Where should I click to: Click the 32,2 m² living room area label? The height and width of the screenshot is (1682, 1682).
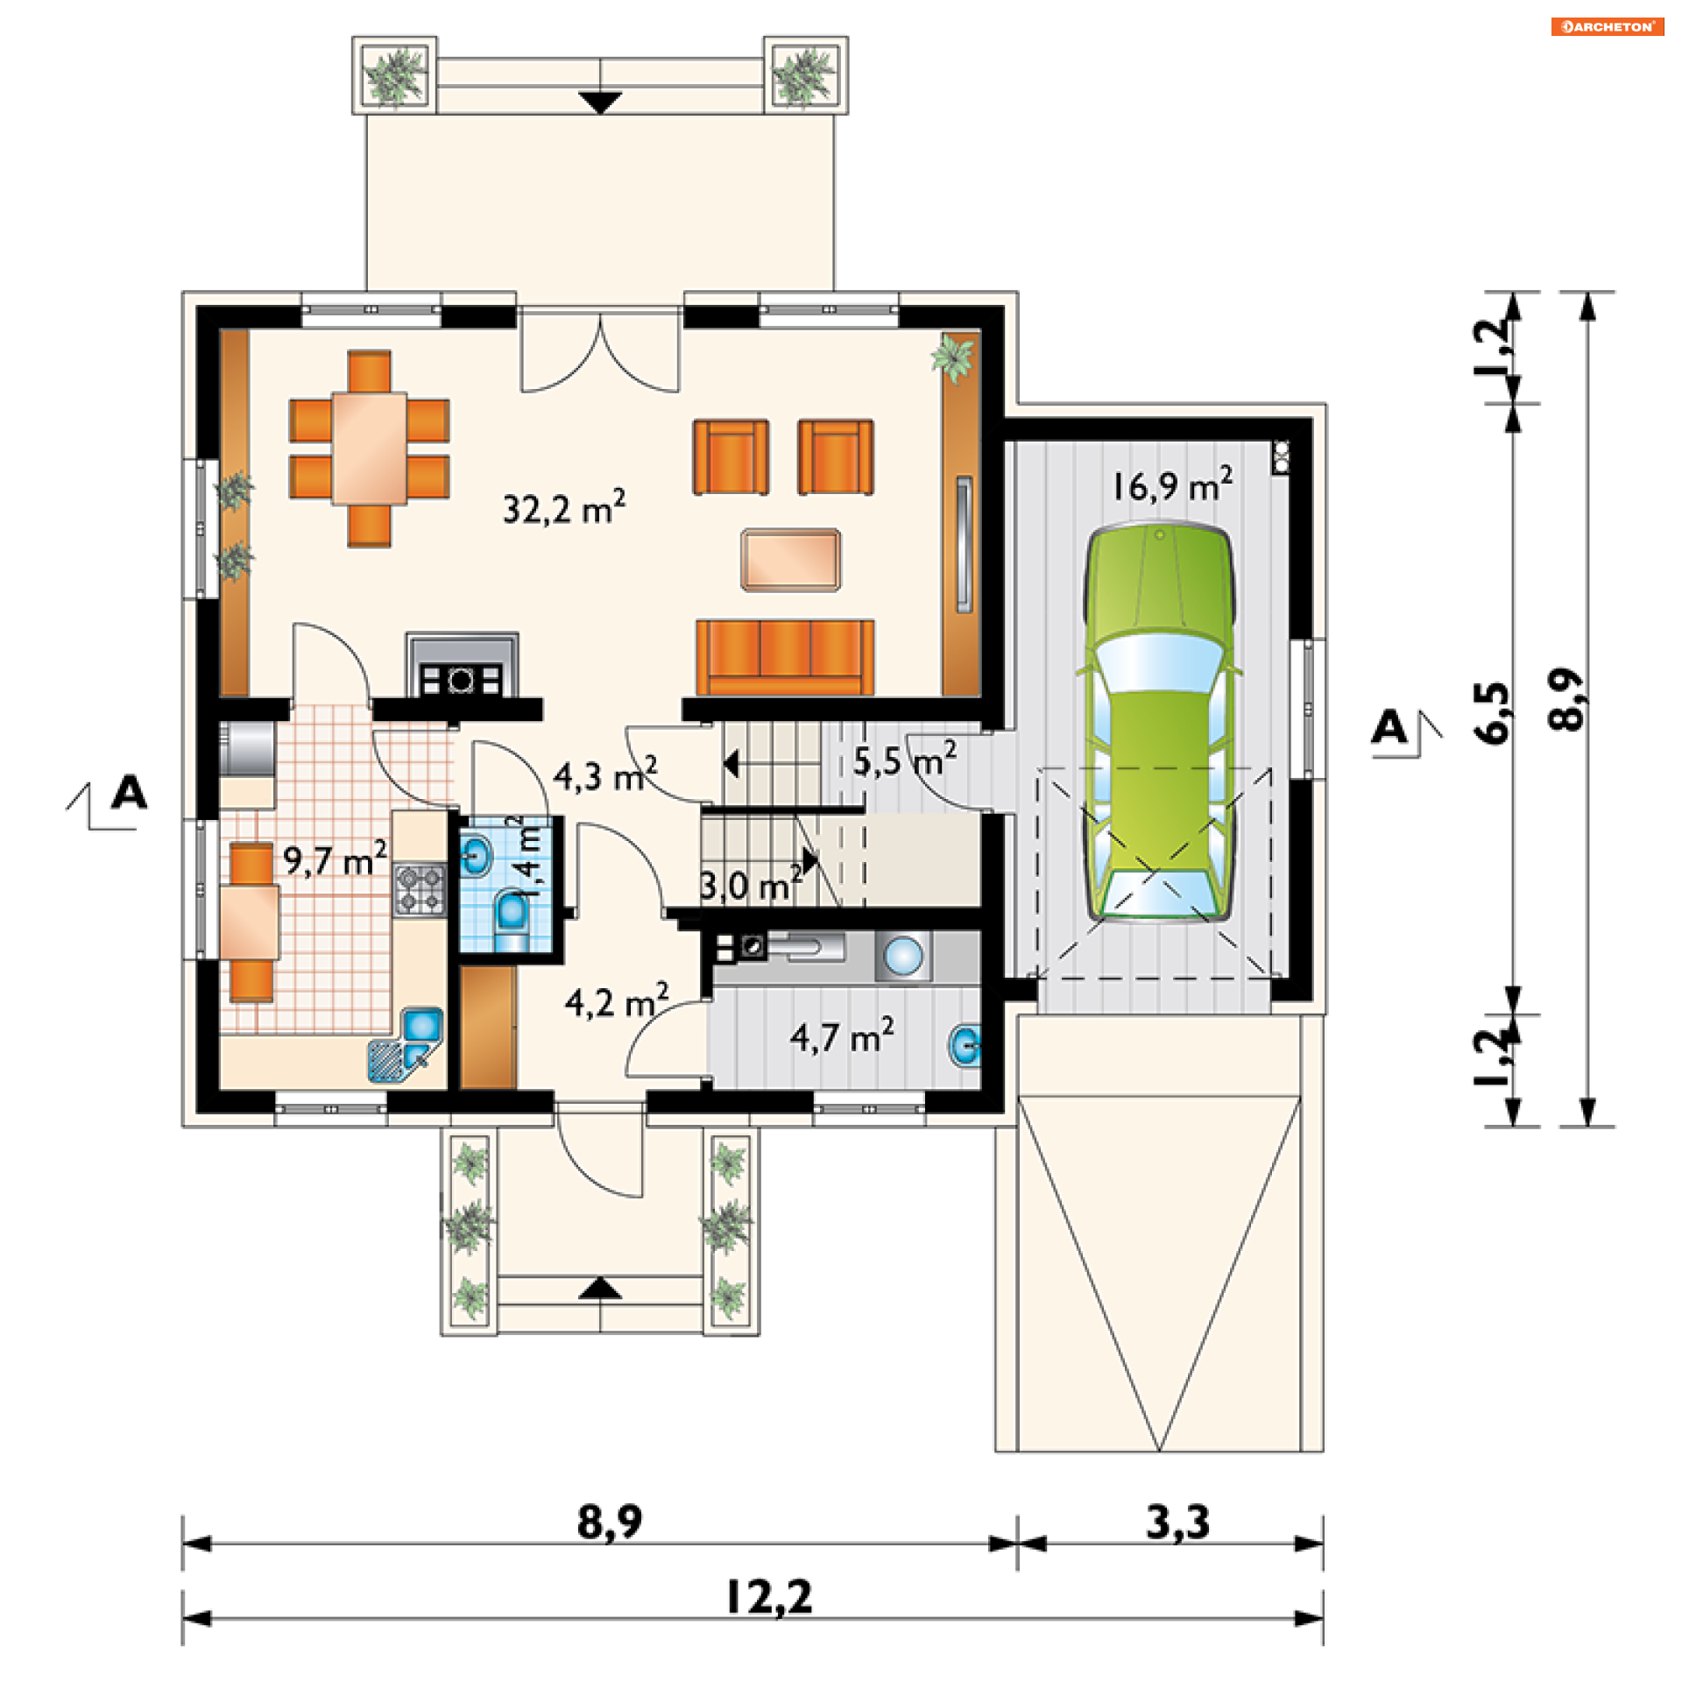tap(564, 507)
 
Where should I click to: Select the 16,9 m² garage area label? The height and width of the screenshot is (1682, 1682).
tap(1173, 484)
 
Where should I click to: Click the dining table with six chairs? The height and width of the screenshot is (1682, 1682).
tap(369, 449)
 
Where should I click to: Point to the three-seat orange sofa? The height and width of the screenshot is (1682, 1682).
tap(785, 657)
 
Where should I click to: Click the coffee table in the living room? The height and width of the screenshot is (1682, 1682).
tap(791, 560)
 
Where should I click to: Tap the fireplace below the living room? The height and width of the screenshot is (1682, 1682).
tap(462, 666)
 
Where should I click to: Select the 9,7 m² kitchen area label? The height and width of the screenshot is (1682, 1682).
tap(335, 859)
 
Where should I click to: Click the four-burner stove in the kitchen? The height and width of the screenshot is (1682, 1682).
tap(420, 889)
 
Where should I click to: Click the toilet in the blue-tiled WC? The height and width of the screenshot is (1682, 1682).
tap(511, 920)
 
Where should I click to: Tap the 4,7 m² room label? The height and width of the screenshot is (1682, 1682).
tap(842, 1035)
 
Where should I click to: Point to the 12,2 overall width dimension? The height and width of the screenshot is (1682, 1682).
tap(769, 1596)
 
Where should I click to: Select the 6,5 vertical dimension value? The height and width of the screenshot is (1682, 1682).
tap(1493, 712)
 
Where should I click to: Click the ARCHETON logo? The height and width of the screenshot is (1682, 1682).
tap(1607, 26)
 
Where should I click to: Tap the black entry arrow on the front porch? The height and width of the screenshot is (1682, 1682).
tap(600, 1287)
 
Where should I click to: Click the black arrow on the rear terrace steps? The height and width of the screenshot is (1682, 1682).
tap(600, 102)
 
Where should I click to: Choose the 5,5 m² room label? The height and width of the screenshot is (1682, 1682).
tap(905, 760)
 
